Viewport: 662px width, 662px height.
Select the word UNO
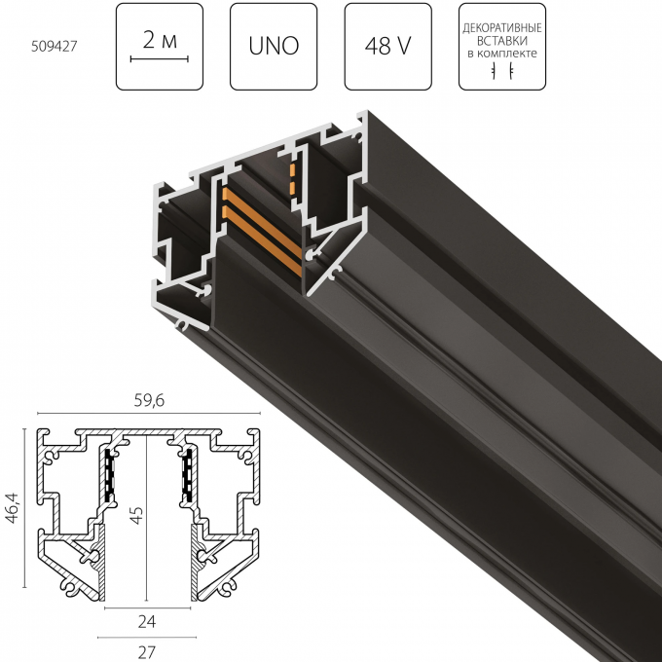coord(274,46)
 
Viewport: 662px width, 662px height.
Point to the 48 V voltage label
coord(387,46)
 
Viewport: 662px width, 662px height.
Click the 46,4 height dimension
coord(11,509)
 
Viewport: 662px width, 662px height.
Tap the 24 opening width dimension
coord(146,620)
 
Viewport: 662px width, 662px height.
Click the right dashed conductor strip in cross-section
coord(184,473)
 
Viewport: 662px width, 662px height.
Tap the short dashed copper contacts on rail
coord(290,176)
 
